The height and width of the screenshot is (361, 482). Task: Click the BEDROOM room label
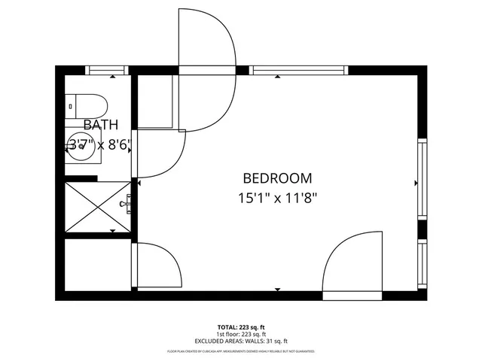pyautogui.click(x=277, y=178)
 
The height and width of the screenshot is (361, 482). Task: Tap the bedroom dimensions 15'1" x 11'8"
pyautogui.click(x=277, y=199)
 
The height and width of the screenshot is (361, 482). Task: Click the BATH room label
pyautogui.click(x=100, y=125)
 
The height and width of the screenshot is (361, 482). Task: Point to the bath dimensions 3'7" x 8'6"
pyautogui.click(x=100, y=144)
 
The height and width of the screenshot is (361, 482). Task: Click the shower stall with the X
pyautogui.click(x=99, y=209)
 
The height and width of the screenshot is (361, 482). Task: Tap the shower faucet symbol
pyautogui.click(x=129, y=202)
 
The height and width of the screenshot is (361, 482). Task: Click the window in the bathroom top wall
pyautogui.click(x=110, y=71)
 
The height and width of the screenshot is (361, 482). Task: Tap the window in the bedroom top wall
pyautogui.click(x=300, y=71)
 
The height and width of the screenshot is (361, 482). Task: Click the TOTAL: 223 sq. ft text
pyautogui.click(x=241, y=326)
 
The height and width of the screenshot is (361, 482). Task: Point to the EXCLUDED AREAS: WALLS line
pyautogui.click(x=241, y=341)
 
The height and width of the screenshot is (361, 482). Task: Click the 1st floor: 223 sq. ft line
pyautogui.click(x=241, y=333)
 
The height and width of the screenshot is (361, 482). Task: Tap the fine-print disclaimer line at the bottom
pyautogui.click(x=241, y=351)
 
